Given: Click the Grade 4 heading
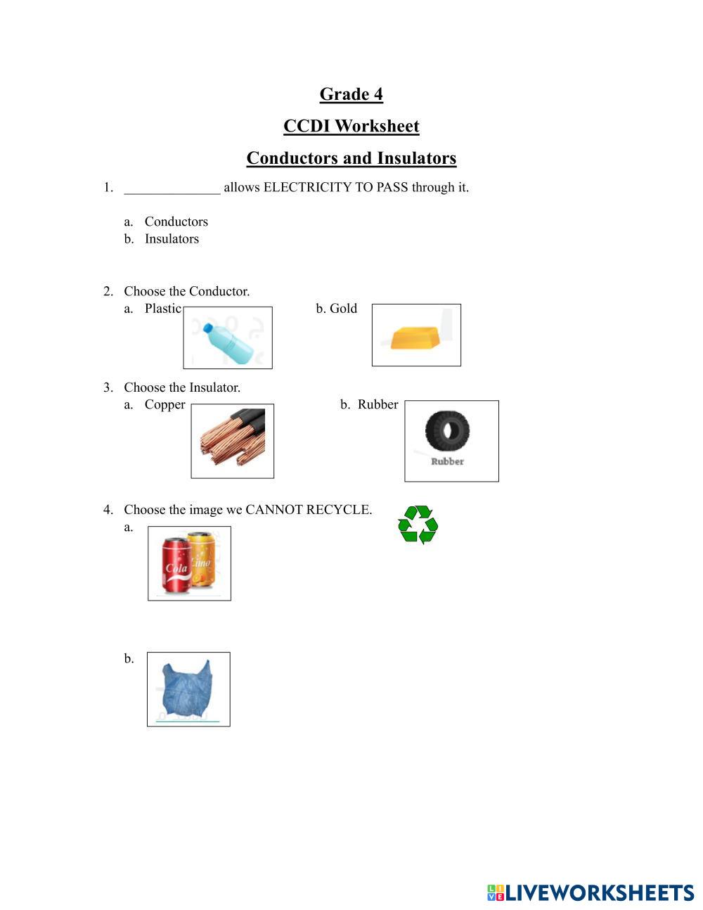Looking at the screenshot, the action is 351,94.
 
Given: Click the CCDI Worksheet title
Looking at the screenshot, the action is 351,127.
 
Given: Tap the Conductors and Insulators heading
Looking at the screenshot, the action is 351,158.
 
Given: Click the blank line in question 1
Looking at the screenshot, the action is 172,188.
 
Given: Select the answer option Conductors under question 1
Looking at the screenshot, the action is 176,222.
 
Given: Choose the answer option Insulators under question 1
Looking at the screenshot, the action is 172,239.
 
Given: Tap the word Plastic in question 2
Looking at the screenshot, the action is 162,309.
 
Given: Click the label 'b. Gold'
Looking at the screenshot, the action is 337,309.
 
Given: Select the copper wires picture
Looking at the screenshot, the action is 233,440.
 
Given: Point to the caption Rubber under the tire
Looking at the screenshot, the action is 447,462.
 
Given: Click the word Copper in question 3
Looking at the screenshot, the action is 165,405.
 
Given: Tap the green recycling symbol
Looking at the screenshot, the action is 418,525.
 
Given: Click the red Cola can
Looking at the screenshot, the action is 176,565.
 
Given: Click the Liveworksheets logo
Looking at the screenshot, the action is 590,892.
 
